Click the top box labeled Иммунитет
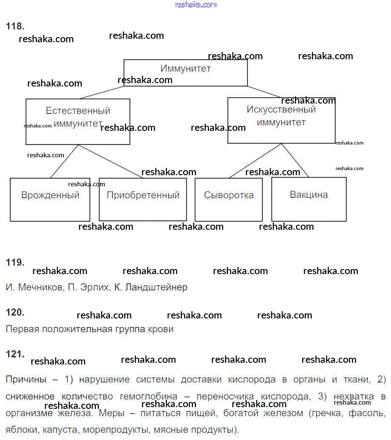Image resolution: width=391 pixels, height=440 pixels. (185, 72)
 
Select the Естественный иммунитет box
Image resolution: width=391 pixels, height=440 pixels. (78, 122)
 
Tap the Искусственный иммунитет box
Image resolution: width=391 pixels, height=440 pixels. (281, 120)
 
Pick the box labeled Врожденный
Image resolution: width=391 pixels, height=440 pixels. (50, 200)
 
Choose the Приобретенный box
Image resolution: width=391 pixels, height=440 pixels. (143, 200)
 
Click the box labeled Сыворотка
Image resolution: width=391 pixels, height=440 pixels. (229, 200)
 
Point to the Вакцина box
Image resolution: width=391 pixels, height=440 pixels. (309, 199)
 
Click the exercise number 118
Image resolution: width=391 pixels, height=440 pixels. (15, 26)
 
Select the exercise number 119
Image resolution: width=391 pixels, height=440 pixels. (15, 263)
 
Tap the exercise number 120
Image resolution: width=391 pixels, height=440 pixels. (15, 313)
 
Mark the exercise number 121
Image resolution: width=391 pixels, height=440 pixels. (15, 354)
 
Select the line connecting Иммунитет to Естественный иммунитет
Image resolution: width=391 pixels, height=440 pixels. (101, 93)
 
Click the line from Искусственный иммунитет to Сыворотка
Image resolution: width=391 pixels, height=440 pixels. (256, 161)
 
